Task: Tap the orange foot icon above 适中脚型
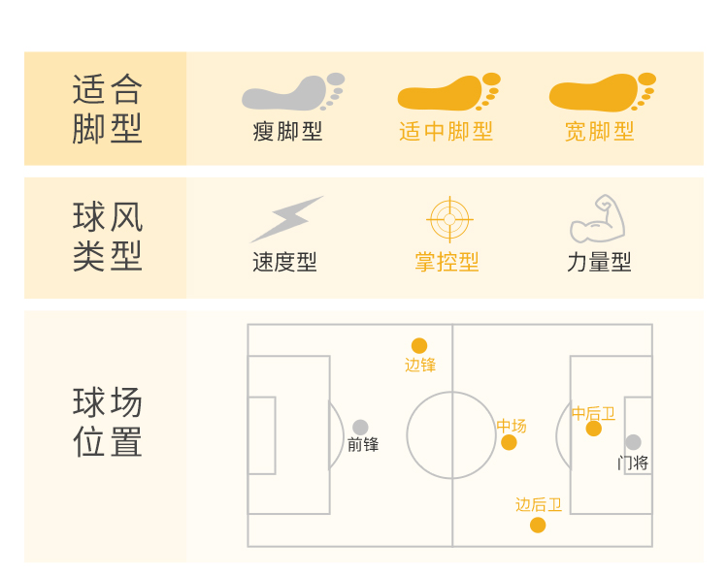[447, 92]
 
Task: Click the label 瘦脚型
[287, 132]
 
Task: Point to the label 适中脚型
[446, 132]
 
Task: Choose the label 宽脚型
[600, 132]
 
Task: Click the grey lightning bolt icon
[286, 219]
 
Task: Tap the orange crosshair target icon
[449, 219]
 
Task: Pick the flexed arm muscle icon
[597, 219]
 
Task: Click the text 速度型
[284, 263]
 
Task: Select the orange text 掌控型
[447, 263]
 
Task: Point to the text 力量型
[599, 263]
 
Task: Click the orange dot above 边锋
[419, 346]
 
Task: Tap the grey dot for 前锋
[360, 428]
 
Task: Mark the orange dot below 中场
[509, 443]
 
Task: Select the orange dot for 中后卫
[593, 429]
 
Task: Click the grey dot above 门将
[633, 442]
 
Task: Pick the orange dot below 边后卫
[538, 526]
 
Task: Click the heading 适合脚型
[107, 109]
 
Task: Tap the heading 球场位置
[107, 422]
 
